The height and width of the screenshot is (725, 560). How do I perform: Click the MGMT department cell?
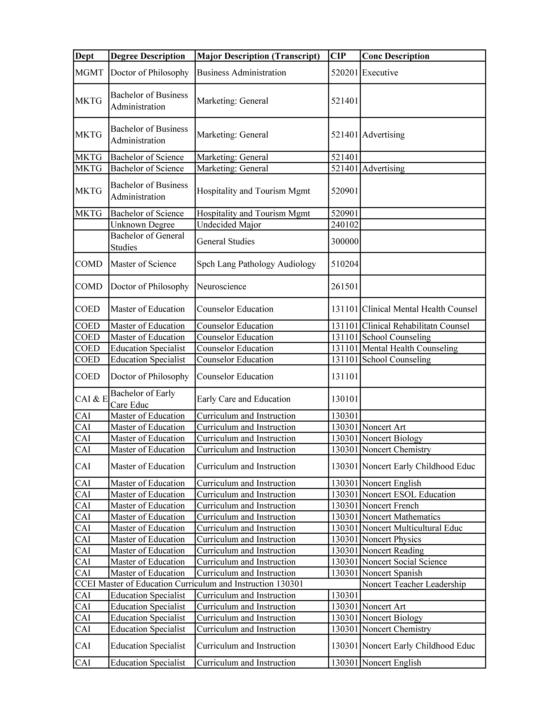point(89,73)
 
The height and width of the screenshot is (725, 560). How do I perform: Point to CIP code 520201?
point(344,73)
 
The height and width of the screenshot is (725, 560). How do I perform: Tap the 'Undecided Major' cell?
point(229,225)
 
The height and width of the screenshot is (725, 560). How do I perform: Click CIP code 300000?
point(344,241)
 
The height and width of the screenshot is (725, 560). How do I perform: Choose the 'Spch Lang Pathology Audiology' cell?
point(256,264)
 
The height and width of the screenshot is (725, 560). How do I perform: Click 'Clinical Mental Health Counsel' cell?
point(419,309)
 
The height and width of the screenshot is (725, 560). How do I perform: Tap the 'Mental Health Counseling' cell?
point(410,348)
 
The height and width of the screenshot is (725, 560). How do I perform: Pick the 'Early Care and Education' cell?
point(244,399)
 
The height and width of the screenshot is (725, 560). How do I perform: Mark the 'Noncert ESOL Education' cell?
point(408,494)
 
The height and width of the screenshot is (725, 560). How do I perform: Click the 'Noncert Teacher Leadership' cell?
point(414,584)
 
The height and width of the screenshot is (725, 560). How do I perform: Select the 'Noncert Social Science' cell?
point(404,562)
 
